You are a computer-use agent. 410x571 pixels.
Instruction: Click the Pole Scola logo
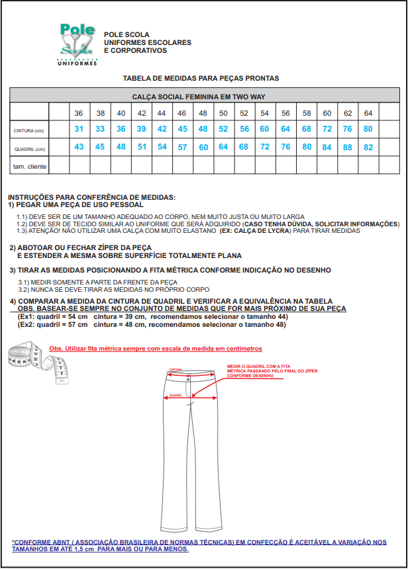click(78, 44)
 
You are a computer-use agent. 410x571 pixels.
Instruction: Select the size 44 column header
click(162, 113)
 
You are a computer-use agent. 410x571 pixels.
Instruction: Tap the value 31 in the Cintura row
click(79, 129)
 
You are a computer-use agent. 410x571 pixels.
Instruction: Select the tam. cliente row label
click(30, 166)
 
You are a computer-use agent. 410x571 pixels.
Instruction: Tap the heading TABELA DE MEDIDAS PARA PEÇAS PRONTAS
click(201, 78)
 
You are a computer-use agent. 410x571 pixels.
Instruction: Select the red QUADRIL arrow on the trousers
click(190, 398)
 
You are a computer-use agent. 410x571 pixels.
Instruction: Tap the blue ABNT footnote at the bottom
click(199, 545)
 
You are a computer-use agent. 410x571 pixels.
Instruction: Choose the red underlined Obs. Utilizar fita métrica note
click(156, 348)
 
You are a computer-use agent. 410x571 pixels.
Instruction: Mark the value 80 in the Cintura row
click(368, 129)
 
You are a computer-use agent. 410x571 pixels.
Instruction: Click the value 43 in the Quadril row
click(79, 147)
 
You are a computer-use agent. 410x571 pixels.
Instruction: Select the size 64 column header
click(368, 113)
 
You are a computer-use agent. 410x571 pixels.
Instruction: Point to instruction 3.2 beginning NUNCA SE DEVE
click(113, 290)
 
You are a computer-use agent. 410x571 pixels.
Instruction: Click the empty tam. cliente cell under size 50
click(223, 165)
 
